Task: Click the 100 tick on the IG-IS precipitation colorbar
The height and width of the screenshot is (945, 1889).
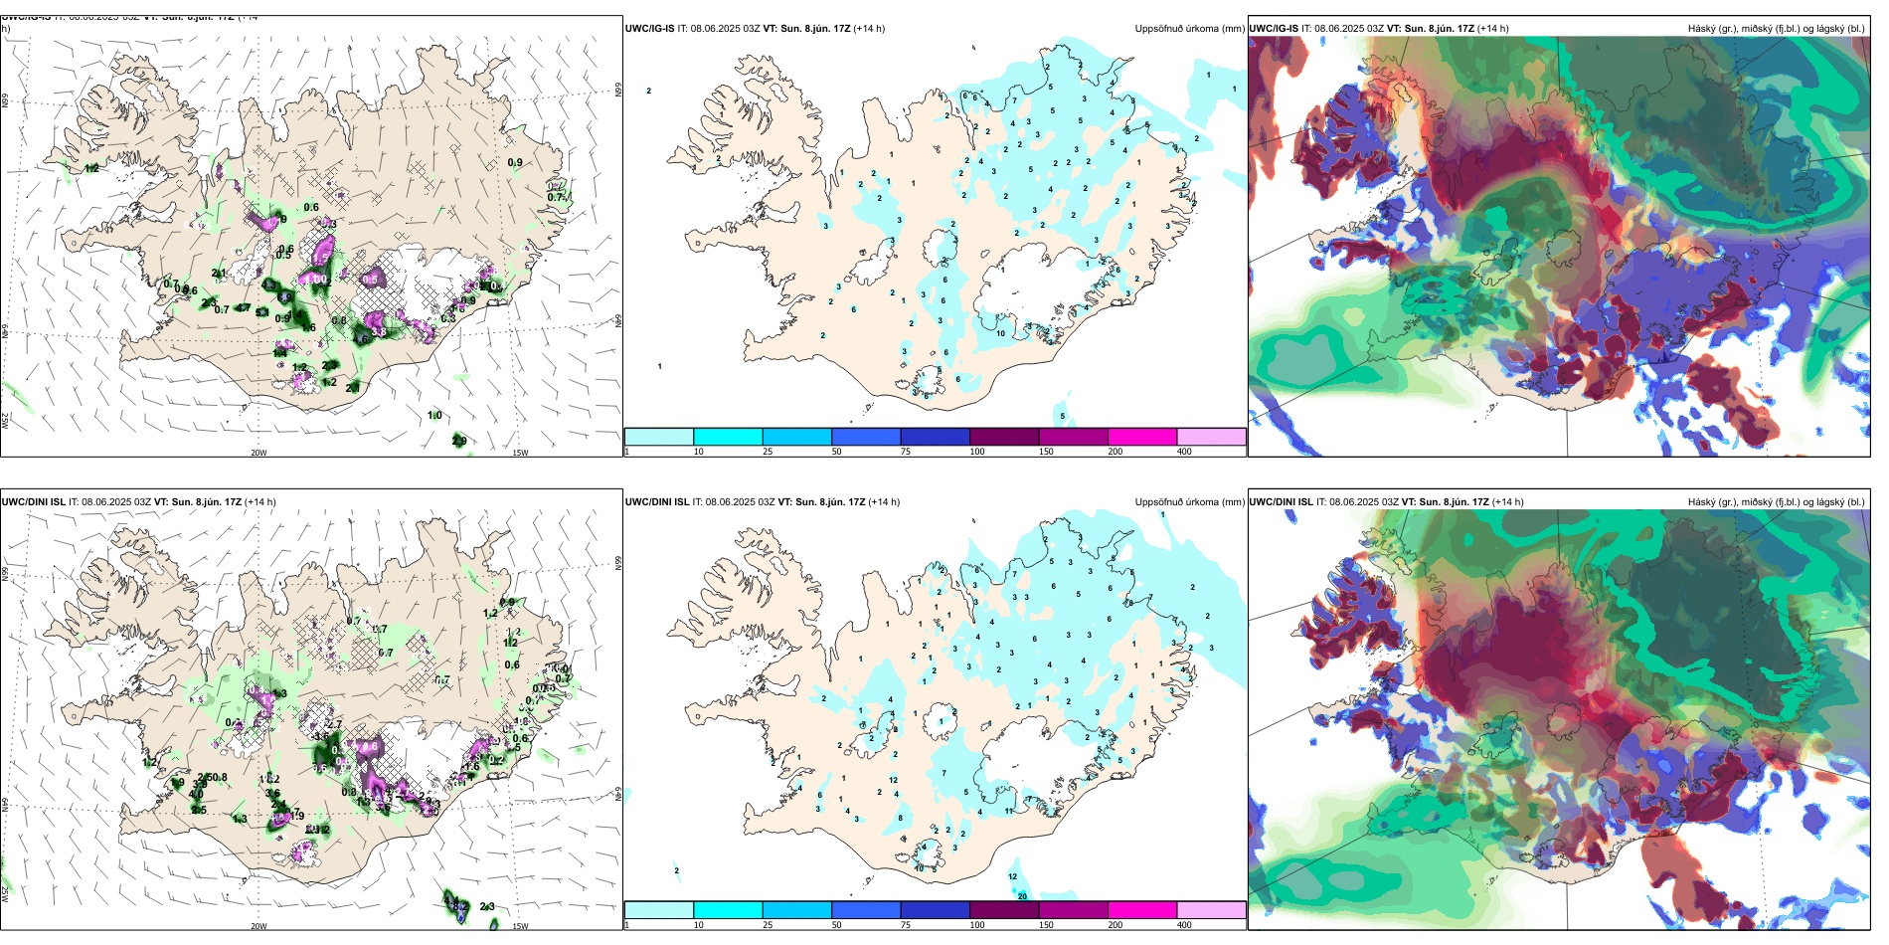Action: tap(977, 452)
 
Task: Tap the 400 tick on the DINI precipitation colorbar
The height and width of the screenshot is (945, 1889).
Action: tap(1184, 925)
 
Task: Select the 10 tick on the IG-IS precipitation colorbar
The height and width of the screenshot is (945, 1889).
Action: tap(699, 452)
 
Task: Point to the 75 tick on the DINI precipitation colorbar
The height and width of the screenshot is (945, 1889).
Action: tap(906, 925)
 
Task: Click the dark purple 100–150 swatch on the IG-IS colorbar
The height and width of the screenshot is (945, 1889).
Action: tap(1004, 437)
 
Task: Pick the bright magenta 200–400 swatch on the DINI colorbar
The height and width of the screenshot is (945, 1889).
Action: tap(1142, 910)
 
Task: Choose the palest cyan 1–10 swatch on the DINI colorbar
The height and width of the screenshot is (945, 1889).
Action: tap(658, 910)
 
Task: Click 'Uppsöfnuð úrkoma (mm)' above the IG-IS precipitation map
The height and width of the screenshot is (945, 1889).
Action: tap(1189, 29)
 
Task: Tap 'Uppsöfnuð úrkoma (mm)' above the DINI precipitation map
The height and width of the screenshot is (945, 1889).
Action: tap(1189, 502)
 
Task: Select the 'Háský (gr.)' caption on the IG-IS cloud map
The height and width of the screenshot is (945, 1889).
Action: tap(1713, 29)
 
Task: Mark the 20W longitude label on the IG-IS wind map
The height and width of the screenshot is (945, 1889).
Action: tap(258, 453)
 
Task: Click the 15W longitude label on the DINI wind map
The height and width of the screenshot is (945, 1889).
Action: tap(520, 926)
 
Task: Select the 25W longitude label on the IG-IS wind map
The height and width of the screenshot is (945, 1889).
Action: tap(5, 421)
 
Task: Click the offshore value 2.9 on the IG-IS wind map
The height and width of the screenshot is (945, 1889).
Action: tap(459, 441)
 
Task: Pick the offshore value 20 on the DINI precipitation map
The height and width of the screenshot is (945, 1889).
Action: tap(1022, 896)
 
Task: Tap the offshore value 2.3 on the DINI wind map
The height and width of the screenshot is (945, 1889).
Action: tap(487, 907)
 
